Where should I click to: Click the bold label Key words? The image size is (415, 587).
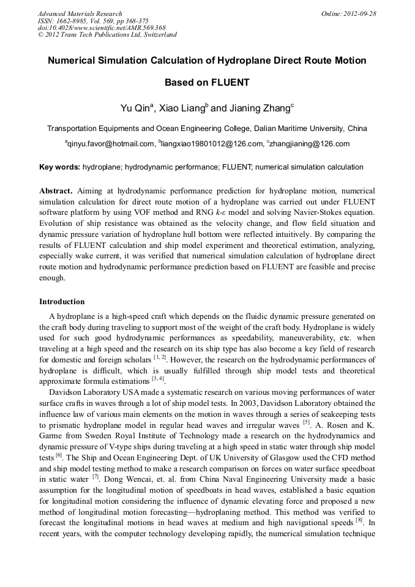(59, 167)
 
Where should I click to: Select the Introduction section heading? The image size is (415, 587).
(62, 302)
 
